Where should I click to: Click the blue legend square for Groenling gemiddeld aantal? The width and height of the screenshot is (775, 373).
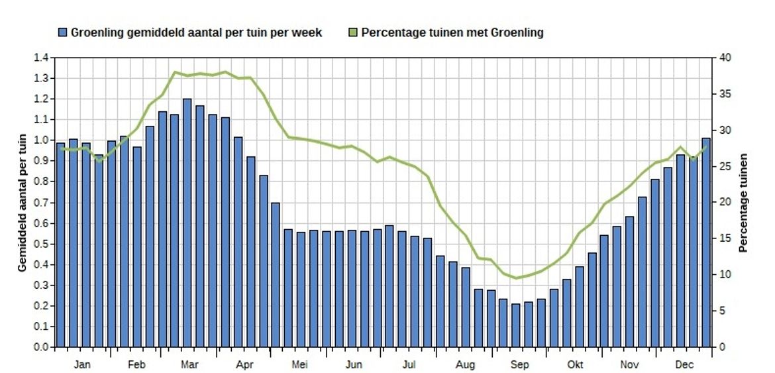pos(63,32)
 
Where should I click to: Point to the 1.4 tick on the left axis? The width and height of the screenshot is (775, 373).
pos(40,58)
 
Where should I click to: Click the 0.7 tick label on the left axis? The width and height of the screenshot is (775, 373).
pos(40,202)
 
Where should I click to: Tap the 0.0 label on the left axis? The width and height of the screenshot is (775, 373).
pos(40,346)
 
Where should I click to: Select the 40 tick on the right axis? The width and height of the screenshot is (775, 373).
pos(725,58)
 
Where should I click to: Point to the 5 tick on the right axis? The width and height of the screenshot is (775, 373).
pos(723,311)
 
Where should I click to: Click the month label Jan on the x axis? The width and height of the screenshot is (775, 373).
pos(82,364)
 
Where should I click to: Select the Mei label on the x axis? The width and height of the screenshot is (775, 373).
pos(299,364)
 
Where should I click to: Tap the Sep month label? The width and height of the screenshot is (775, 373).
pos(519,364)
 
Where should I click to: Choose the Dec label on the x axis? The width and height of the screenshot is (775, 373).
pos(685,364)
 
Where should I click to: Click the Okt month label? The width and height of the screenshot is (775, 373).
pos(575,364)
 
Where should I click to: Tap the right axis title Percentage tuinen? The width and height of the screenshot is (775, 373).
pos(743,202)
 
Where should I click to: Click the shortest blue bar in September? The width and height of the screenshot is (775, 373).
pos(516,325)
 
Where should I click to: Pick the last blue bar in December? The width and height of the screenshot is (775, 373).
pos(705,242)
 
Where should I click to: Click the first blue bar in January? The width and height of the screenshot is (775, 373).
pos(61,245)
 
